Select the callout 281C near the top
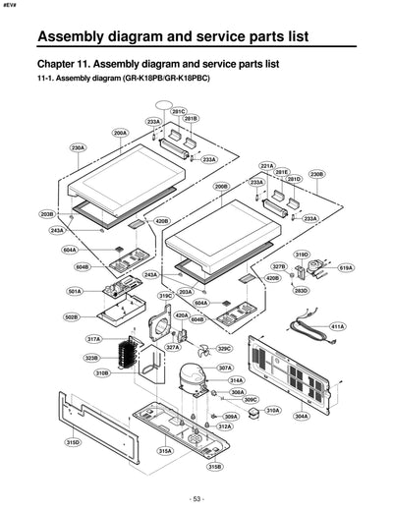(178, 112)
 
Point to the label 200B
(221, 186)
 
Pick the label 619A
(345, 267)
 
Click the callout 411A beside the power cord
(337, 325)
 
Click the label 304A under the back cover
(301, 416)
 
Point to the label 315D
(73, 443)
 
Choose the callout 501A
(74, 292)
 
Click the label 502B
(72, 317)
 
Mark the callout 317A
(94, 339)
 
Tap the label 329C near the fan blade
(224, 348)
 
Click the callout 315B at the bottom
(214, 467)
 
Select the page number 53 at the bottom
(196, 499)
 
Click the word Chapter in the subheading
(62, 63)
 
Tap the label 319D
(302, 255)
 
